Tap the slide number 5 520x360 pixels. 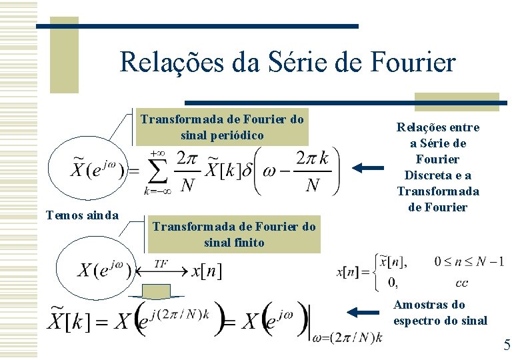click(507, 345)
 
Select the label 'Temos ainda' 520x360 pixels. click(81, 215)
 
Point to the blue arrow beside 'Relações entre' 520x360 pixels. click(368, 169)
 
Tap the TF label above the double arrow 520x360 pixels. click(161, 263)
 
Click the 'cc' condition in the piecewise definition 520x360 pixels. click(461, 283)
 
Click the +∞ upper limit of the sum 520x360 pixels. click(158, 153)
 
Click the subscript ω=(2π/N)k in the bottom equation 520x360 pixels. click(349, 337)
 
